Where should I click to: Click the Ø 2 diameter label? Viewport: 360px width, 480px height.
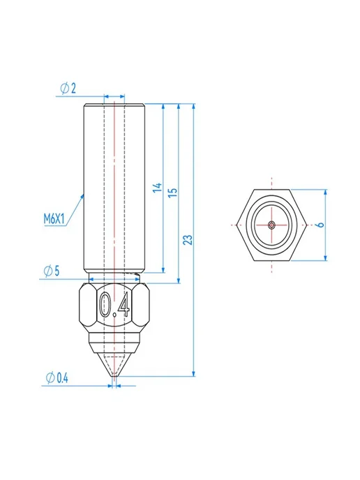[68, 89]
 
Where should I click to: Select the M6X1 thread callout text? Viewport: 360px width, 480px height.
[54, 219]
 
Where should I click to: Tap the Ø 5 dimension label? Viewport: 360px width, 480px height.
[52, 271]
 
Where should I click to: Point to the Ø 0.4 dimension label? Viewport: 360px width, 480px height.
[57, 378]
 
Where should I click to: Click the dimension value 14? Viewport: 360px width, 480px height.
[158, 188]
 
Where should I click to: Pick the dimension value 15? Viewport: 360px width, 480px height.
[173, 192]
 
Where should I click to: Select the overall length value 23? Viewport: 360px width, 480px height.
[188, 240]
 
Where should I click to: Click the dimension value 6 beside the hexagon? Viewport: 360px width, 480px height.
[320, 225]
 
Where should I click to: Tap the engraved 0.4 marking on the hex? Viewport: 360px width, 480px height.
[115, 305]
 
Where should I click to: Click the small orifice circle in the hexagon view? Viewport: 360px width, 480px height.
[271, 225]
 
